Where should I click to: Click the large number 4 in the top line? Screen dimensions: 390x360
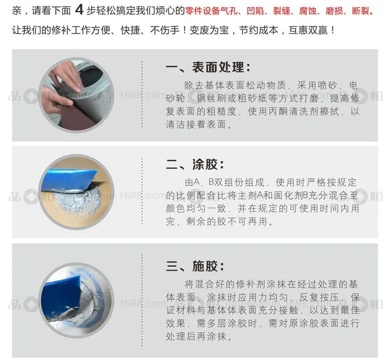tap(79, 10)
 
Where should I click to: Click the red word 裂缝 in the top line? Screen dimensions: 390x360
tap(282, 11)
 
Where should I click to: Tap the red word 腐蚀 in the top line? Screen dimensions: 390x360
tap(308, 11)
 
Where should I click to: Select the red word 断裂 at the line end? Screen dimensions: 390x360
tap(360, 11)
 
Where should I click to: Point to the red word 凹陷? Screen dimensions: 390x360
tap(256, 11)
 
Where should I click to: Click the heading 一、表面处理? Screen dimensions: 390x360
tap(208, 67)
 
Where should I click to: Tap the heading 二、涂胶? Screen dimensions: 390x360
tap(195, 164)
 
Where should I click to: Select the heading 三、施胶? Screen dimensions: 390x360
tap(195, 266)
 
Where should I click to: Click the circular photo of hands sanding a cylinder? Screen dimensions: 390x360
tap(76, 95)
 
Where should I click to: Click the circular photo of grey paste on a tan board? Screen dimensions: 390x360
tap(76, 192)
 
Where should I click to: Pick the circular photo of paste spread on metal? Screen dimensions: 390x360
tap(76, 300)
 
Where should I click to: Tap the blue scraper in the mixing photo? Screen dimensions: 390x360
tap(67, 179)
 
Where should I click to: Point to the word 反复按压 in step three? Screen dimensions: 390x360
tap(319, 297)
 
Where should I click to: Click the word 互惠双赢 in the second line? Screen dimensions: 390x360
tap(308, 31)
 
